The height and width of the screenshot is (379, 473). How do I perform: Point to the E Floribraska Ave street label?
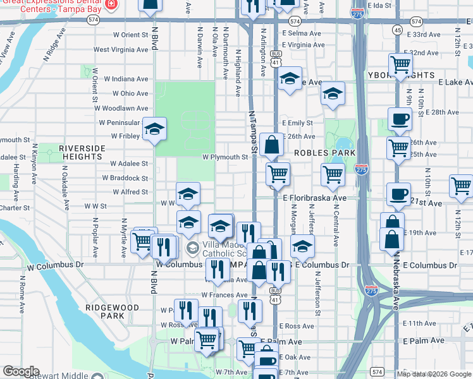(x=315, y=198)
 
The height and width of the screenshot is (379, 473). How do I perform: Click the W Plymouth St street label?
(x=225, y=157)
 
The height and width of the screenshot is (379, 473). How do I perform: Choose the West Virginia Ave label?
(x=121, y=49)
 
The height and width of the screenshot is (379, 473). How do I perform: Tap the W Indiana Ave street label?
(x=126, y=79)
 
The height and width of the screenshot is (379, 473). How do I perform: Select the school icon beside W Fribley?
(x=154, y=129)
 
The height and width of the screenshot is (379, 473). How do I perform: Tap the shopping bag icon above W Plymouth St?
(x=271, y=145)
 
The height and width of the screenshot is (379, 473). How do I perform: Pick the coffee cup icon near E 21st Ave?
(x=398, y=194)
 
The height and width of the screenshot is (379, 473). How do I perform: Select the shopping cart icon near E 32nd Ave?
(x=400, y=64)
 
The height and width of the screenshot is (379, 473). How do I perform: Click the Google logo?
(x=20, y=371)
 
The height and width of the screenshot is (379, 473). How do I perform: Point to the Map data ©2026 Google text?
(x=434, y=374)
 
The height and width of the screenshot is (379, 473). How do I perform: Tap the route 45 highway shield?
(x=397, y=30)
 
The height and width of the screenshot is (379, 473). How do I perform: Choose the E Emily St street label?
(x=297, y=123)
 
